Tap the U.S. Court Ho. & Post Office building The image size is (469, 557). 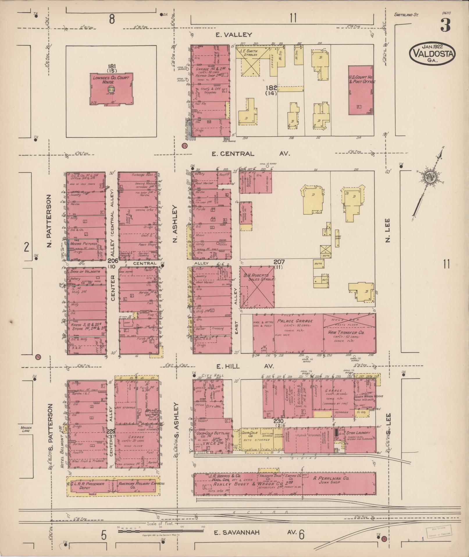[x=361, y=90]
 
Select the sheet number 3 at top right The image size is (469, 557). [x=445, y=25]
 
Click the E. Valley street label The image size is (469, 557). [x=233, y=35]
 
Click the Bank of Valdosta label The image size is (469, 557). [x=85, y=271]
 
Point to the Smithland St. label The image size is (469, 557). [x=406, y=14]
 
